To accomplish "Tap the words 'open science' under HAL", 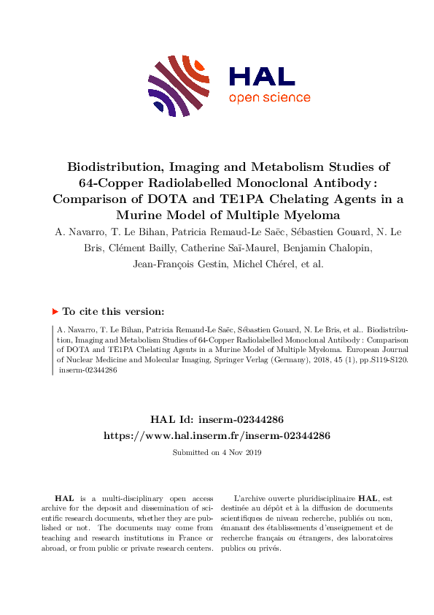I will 269,98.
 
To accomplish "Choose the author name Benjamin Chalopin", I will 314,248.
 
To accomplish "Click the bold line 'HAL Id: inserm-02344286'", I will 217,419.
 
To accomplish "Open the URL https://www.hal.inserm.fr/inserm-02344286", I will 217,435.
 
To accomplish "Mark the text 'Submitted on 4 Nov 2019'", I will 217,453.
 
